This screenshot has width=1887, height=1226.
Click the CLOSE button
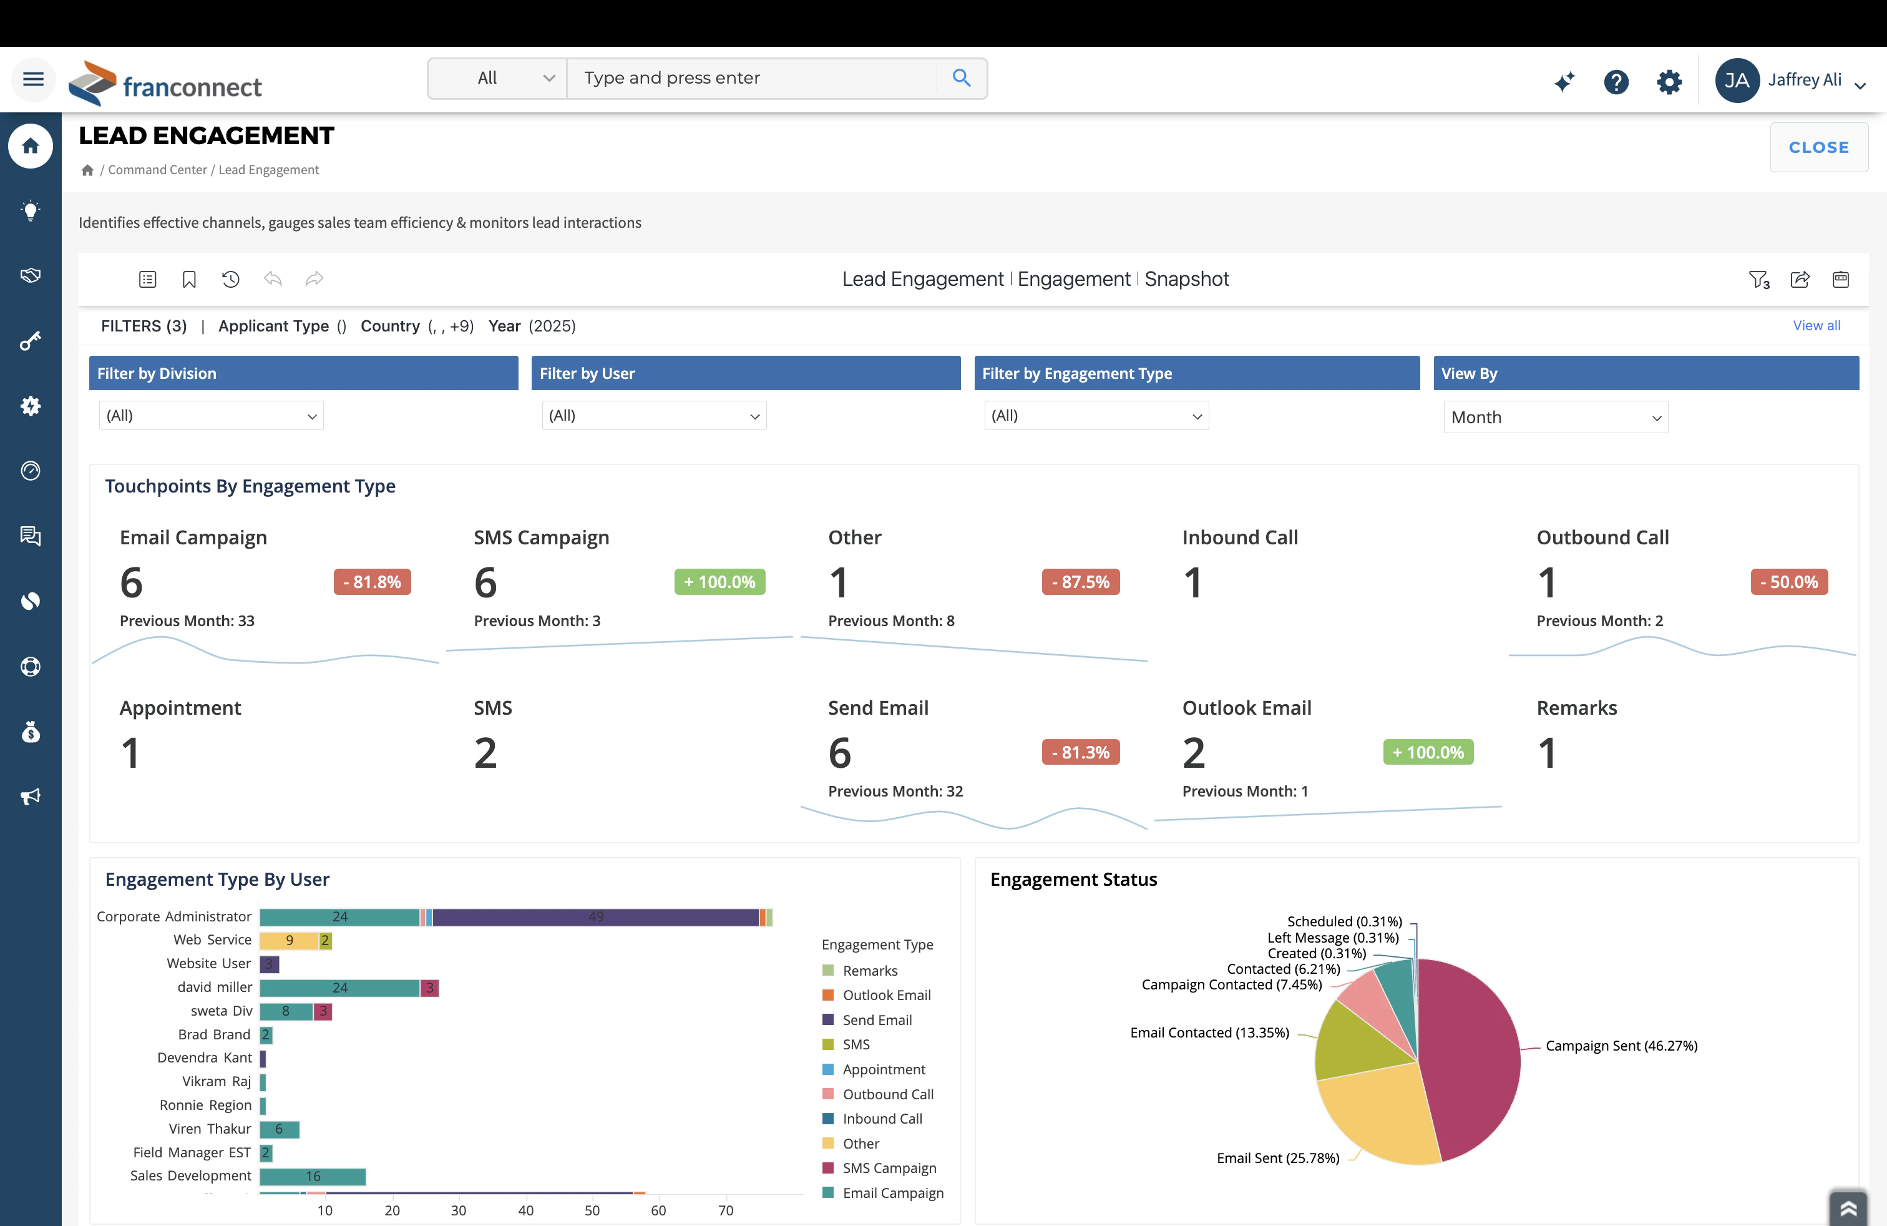(x=1818, y=147)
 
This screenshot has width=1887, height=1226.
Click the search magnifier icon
(x=961, y=77)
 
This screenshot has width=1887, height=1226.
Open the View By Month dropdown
(x=1555, y=417)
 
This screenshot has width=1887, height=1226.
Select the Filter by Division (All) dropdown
(x=211, y=416)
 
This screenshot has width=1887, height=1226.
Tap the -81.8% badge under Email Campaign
(x=372, y=582)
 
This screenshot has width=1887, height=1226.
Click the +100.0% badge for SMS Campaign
(x=719, y=582)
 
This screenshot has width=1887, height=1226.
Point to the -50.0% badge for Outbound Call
(x=1788, y=582)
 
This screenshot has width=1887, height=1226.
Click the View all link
(x=1816, y=326)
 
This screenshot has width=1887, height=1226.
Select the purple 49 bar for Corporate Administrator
(x=595, y=917)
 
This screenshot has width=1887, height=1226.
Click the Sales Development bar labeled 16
(x=313, y=1176)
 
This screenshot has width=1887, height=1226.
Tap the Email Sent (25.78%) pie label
(x=1277, y=1158)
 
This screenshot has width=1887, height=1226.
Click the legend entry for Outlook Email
(x=885, y=995)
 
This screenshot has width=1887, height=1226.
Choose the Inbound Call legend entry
(x=882, y=1119)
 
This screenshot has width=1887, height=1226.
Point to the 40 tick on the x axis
(x=525, y=1210)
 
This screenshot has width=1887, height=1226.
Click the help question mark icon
(x=1615, y=81)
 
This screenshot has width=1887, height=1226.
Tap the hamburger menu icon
(x=33, y=79)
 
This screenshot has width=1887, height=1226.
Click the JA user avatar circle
(x=1737, y=80)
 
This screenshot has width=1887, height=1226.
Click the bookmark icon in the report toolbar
(x=188, y=279)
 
